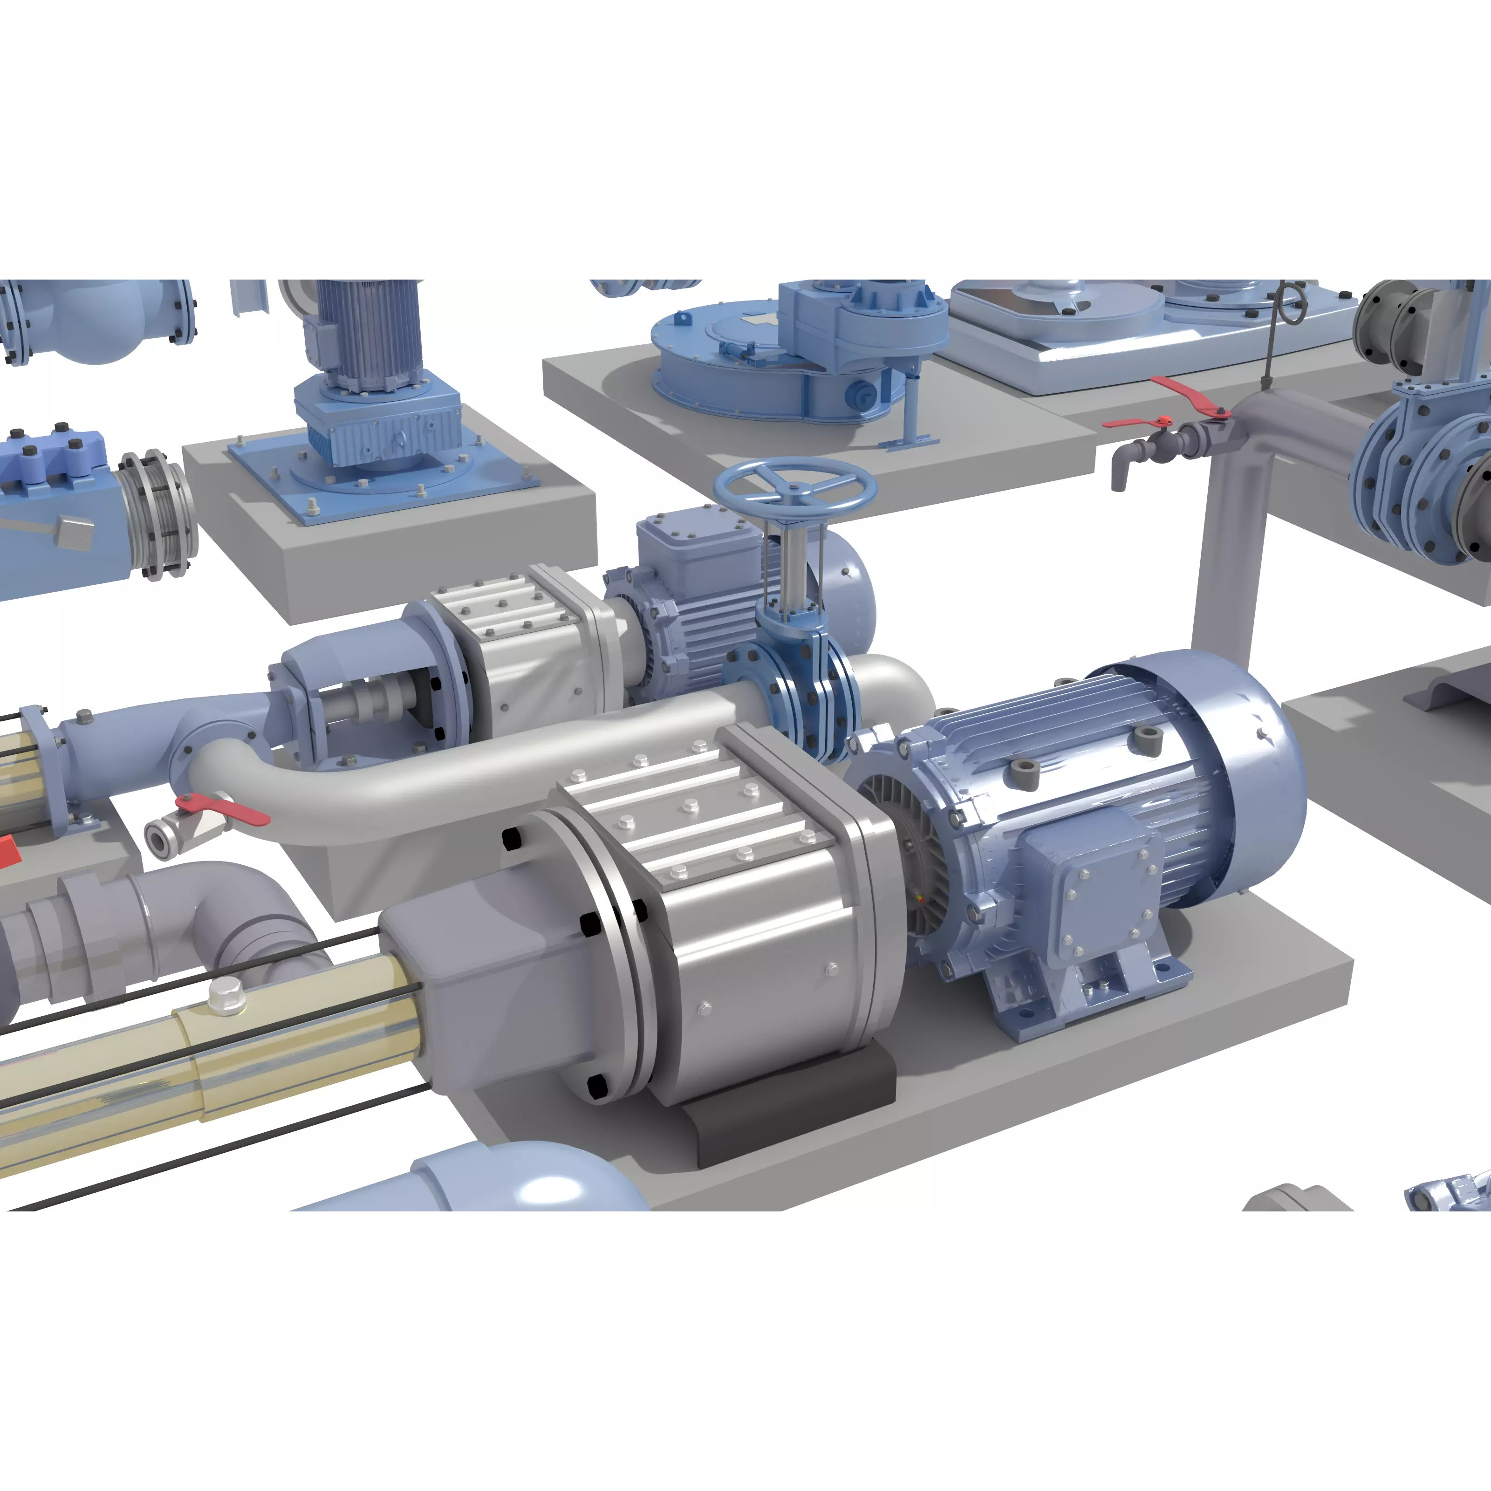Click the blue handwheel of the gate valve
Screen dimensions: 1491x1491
tap(795, 484)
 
